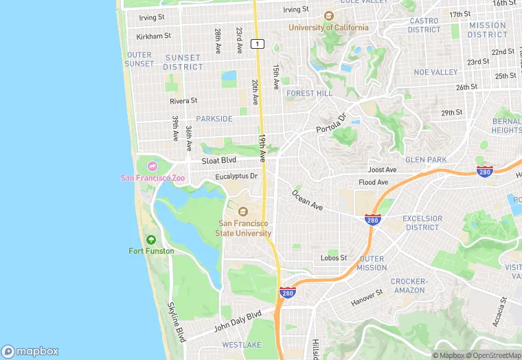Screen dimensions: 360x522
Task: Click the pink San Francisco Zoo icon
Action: tap(151, 166)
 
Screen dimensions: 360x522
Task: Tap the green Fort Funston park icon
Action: tap(151, 239)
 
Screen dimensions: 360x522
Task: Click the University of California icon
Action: tap(328, 16)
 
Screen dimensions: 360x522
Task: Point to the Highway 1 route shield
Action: tap(257, 44)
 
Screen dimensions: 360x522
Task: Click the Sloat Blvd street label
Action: tap(219, 160)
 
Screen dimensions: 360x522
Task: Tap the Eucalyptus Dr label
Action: tap(236, 176)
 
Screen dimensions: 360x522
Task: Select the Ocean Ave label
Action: tap(307, 199)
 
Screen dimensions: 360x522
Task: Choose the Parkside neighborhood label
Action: tap(214, 119)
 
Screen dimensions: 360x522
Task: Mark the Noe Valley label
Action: tap(435, 72)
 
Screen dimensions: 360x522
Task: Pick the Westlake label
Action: tap(241, 344)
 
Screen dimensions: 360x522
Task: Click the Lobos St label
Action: tap(334, 258)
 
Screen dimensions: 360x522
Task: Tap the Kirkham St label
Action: tap(153, 36)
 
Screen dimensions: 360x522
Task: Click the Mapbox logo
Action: tap(31, 351)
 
